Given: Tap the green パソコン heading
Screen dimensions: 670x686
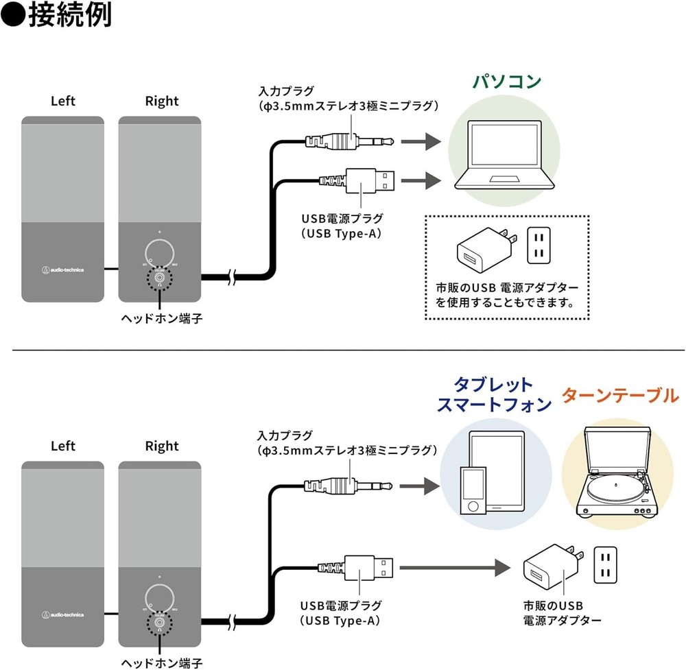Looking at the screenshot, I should (506, 82).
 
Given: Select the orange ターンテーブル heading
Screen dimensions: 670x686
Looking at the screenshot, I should (620, 396).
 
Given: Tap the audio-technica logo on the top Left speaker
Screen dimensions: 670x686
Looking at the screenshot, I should (62, 270).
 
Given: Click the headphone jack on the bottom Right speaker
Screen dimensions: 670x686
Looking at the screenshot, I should (159, 623).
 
